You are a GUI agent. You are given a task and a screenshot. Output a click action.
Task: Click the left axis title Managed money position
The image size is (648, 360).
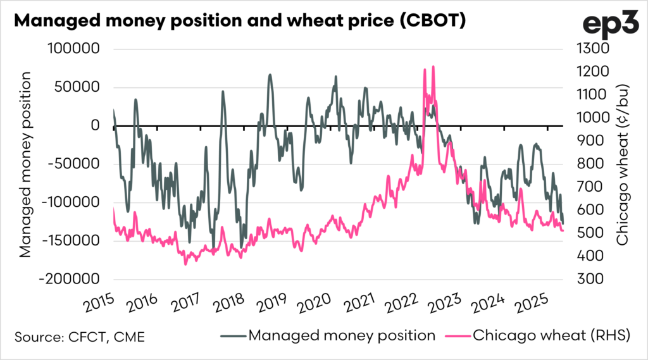click(25, 164)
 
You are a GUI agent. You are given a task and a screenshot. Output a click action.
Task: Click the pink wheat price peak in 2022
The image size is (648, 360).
click(433, 66)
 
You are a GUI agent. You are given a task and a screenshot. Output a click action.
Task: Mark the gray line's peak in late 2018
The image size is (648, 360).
click(270, 75)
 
